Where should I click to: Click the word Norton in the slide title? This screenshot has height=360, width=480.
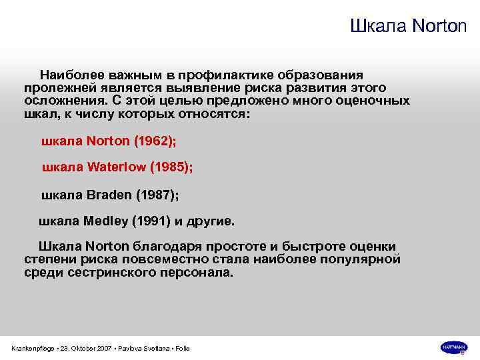pyautogui.click(x=440, y=27)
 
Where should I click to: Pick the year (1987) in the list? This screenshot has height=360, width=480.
pyautogui.click(x=157, y=195)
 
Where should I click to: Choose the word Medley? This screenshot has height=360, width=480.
pyautogui.click(x=105, y=221)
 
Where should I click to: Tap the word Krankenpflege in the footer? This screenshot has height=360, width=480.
pyautogui.click(x=33, y=349)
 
